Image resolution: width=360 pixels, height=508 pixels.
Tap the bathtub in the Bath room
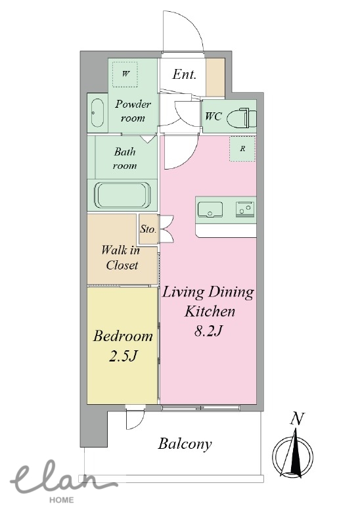coord(122,195)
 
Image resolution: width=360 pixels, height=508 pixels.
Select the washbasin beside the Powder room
coord(97,112)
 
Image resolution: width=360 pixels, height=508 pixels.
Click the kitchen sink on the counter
coord(210,209)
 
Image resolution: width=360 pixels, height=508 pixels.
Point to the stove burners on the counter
coord(245,208)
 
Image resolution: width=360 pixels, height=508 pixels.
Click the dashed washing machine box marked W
coord(125,74)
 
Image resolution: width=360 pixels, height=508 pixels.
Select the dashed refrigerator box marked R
coord(242,149)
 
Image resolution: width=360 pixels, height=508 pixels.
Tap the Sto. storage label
coord(148,229)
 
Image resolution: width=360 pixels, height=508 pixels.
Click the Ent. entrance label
coord(184,74)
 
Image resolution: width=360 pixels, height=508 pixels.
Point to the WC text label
coord(214,116)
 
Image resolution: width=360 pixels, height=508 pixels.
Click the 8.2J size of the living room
coord(208,331)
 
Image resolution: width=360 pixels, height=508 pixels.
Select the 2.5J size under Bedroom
coord(124,356)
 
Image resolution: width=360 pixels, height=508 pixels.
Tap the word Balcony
coord(185,444)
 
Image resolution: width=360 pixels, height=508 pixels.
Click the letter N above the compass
coord(297,419)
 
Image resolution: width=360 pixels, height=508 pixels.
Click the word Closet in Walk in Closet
coord(122,266)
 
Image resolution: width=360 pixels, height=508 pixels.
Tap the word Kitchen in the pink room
coord(210,312)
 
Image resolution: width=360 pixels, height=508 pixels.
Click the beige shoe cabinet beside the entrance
coord(215,78)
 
